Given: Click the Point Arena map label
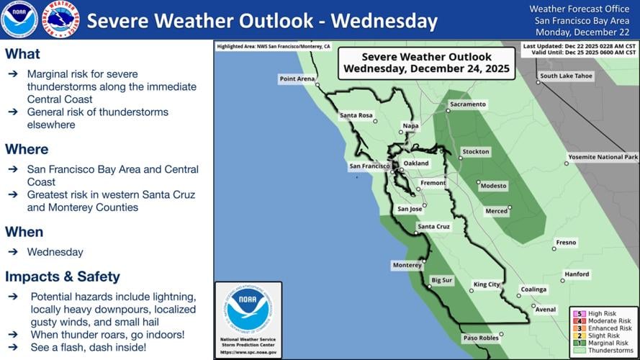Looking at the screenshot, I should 297,78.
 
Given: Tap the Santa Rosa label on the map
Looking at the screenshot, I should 356,115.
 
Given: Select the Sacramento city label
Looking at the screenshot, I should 467,104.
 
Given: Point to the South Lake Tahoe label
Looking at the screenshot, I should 566,76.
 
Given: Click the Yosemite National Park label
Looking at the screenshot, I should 603,157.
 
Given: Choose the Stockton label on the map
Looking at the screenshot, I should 476,152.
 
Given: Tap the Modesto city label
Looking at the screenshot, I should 494,186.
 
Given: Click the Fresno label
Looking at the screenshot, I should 566,243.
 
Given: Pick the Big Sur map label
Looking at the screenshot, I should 441,279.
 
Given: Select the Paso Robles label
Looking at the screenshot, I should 480,338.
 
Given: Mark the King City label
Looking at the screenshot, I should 486,284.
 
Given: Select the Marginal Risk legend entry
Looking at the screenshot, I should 607,343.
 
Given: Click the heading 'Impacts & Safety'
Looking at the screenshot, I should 63,276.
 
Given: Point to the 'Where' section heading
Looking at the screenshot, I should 27,149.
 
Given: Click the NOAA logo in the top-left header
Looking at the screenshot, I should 19,19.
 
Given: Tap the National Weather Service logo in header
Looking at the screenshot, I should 61,19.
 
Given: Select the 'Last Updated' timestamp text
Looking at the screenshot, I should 580,46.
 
